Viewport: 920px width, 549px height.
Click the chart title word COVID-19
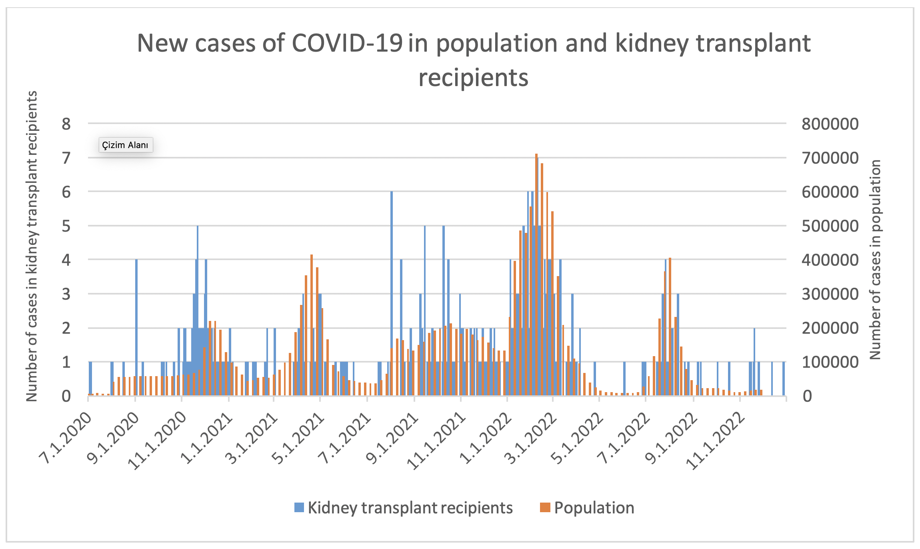347,44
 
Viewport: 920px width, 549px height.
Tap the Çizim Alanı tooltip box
126,145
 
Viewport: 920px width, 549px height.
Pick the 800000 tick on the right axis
830,124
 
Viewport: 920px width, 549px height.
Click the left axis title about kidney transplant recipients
32,246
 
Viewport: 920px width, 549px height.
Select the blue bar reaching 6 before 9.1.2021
392,292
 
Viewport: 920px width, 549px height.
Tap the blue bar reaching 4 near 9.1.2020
136,328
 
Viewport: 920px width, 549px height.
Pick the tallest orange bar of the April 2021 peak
312,324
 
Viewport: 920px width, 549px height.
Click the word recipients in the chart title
473,78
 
